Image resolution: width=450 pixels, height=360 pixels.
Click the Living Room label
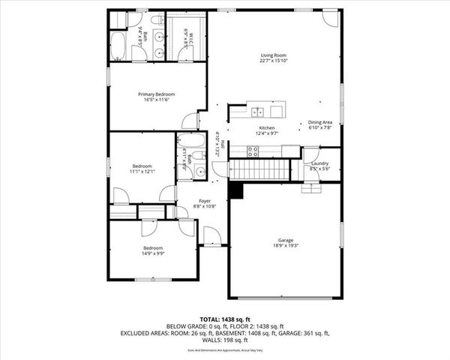tap(274, 55)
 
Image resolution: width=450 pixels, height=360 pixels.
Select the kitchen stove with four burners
tap(253, 149)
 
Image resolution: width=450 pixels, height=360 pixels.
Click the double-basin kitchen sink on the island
tap(257, 112)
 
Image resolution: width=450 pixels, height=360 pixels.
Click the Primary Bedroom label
tap(156, 94)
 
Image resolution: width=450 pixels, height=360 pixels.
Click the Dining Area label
tap(320, 123)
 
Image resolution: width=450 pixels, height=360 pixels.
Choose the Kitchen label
tap(268, 128)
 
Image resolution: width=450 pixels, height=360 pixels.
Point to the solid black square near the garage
tap(236, 192)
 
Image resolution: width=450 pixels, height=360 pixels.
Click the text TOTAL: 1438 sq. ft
tap(224, 319)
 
